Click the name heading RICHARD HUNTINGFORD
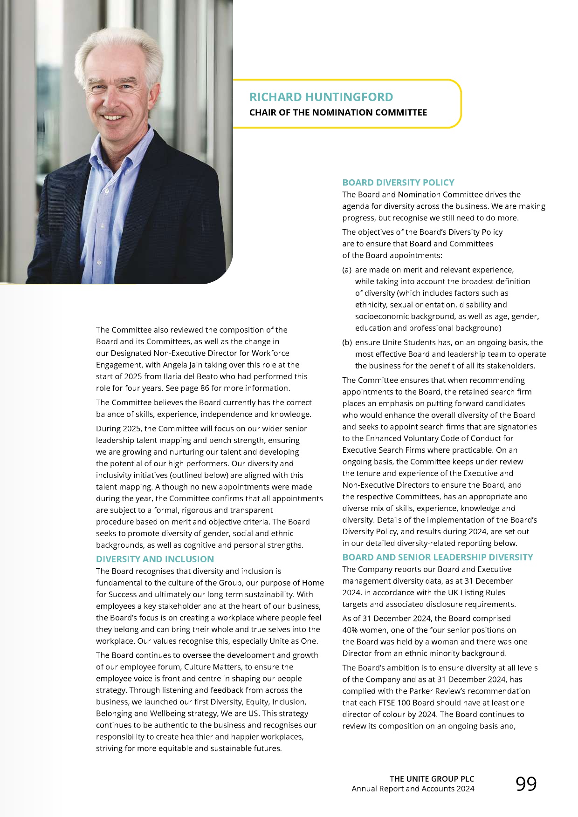tap(321, 97)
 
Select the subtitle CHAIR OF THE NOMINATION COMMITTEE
tap(338, 112)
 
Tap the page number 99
tap(526, 784)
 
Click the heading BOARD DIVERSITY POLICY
tap(398, 183)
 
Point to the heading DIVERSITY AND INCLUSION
tap(155, 559)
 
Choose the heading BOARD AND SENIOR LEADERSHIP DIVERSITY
tap(437, 557)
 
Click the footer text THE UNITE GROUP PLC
tap(432, 779)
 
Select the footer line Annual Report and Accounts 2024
tap(413, 789)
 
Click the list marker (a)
tap(347, 270)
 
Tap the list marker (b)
tap(347, 342)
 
